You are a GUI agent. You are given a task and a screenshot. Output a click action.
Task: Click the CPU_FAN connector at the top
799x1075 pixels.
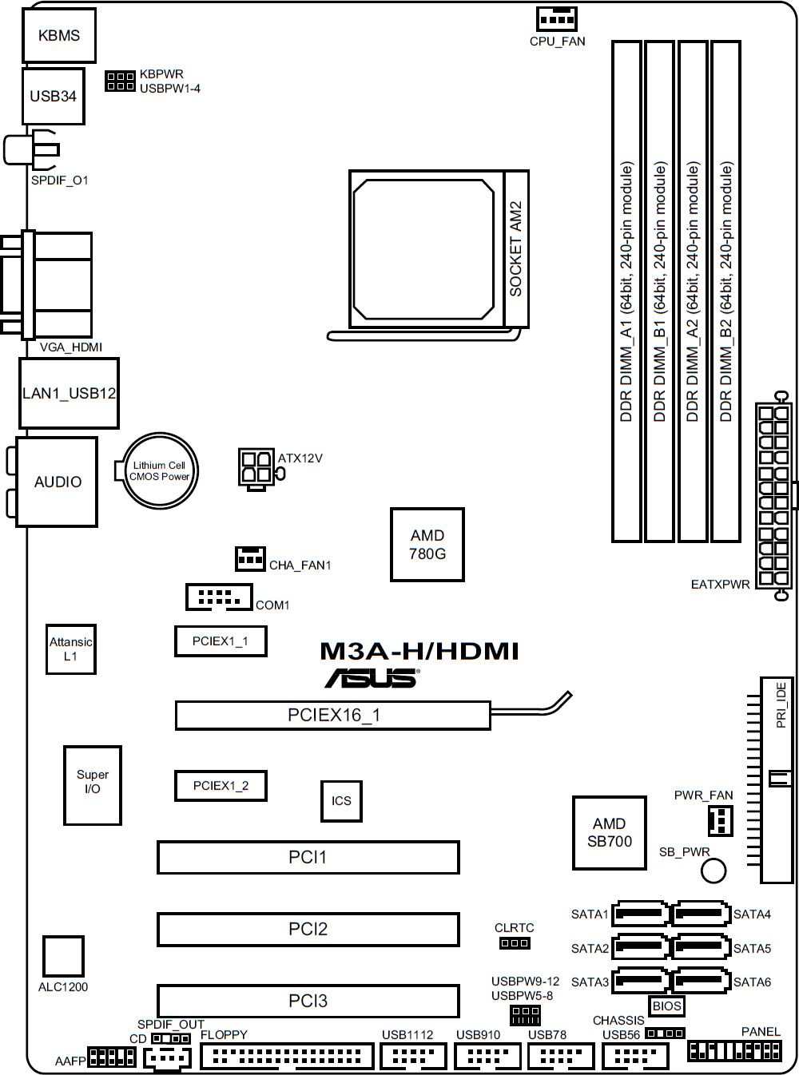(557, 19)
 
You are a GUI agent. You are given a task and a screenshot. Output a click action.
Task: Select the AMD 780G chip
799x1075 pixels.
(427, 544)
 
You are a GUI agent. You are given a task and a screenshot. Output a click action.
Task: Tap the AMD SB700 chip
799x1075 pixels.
(610, 832)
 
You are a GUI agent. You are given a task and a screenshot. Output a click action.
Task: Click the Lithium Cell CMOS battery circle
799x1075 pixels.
(160, 470)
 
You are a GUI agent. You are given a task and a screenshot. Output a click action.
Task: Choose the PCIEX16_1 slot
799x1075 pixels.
(333, 715)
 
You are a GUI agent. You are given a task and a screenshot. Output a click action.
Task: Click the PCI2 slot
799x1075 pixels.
(308, 929)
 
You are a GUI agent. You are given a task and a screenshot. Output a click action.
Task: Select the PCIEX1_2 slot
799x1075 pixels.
(221, 786)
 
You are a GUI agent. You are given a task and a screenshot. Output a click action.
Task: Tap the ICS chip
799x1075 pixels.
(341, 801)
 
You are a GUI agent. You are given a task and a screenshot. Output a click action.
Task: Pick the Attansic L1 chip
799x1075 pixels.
(71, 649)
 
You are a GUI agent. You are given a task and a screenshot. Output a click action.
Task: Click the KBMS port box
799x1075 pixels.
(58, 35)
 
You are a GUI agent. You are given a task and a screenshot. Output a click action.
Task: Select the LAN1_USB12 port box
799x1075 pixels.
(69, 393)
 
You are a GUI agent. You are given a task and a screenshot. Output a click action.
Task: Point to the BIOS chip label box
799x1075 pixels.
(666, 1006)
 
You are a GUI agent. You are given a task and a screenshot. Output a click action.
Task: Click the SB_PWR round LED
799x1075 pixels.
(714, 871)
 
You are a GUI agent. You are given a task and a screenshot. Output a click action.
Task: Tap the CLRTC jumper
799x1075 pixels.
(515, 942)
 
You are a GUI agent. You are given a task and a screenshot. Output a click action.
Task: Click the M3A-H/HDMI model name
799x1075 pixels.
(419, 651)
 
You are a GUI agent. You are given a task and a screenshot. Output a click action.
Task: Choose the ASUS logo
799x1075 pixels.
(372, 677)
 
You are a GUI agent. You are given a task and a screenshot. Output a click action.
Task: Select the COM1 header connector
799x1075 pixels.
(219, 597)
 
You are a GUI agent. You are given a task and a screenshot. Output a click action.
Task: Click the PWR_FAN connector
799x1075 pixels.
(721, 820)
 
